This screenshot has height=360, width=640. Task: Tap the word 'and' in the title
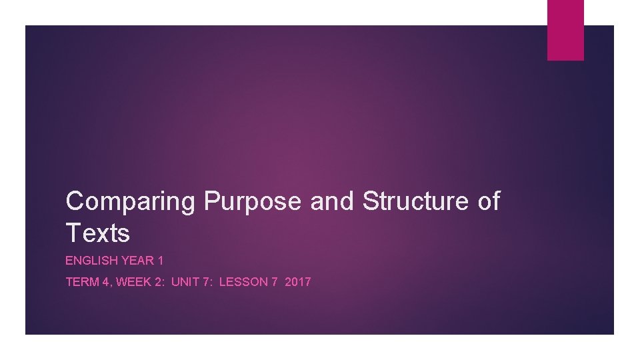pyautogui.click(x=333, y=201)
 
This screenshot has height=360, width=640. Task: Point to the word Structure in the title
pyautogui.click(x=416, y=201)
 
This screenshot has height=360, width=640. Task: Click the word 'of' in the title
pyautogui.click(x=489, y=201)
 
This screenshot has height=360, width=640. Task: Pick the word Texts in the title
pyautogui.click(x=97, y=233)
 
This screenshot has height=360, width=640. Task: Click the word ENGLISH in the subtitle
pyautogui.click(x=90, y=261)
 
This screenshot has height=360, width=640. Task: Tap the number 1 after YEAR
pyautogui.click(x=160, y=261)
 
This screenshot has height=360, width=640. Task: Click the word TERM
pyautogui.click(x=82, y=282)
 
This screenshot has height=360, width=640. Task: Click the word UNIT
pyautogui.click(x=184, y=282)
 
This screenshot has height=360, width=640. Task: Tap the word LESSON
pyautogui.click(x=243, y=282)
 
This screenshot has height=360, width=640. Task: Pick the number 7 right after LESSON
pyautogui.click(x=275, y=282)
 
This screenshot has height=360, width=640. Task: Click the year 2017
pyautogui.click(x=298, y=282)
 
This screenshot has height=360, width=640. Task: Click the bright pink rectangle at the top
pyautogui.click(x=565, y=30)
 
